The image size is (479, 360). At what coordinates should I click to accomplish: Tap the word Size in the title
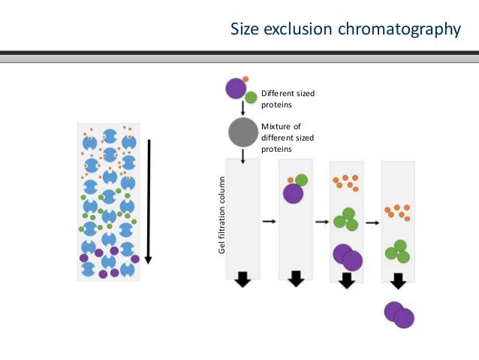(x=245, y=29)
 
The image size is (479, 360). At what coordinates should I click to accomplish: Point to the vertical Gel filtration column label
(x=221, y=215)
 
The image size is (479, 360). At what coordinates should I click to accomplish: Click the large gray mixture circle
(x=243, y=132)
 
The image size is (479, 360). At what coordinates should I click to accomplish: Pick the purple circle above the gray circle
(x=236, y=89)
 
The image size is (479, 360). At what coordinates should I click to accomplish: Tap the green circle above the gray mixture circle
(x=251, y=98)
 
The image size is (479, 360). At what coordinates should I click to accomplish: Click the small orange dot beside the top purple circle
(x=246, y=79)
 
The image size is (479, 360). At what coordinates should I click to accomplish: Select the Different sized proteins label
(x=288, y=99)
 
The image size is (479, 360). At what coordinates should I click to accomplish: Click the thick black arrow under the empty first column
(x=242, y=279)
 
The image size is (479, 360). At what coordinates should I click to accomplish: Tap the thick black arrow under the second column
(x=296, y=279)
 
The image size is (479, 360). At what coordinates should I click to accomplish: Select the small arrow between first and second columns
(x=268, y=222)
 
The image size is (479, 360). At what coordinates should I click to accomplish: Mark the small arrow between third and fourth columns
(x=372, y=222)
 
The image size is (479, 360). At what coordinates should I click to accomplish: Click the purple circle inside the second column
(x=293, y=194)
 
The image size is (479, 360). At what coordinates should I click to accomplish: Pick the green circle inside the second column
(x=301, y=180)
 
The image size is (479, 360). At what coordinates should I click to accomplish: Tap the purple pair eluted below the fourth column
(x=399, y=314)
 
